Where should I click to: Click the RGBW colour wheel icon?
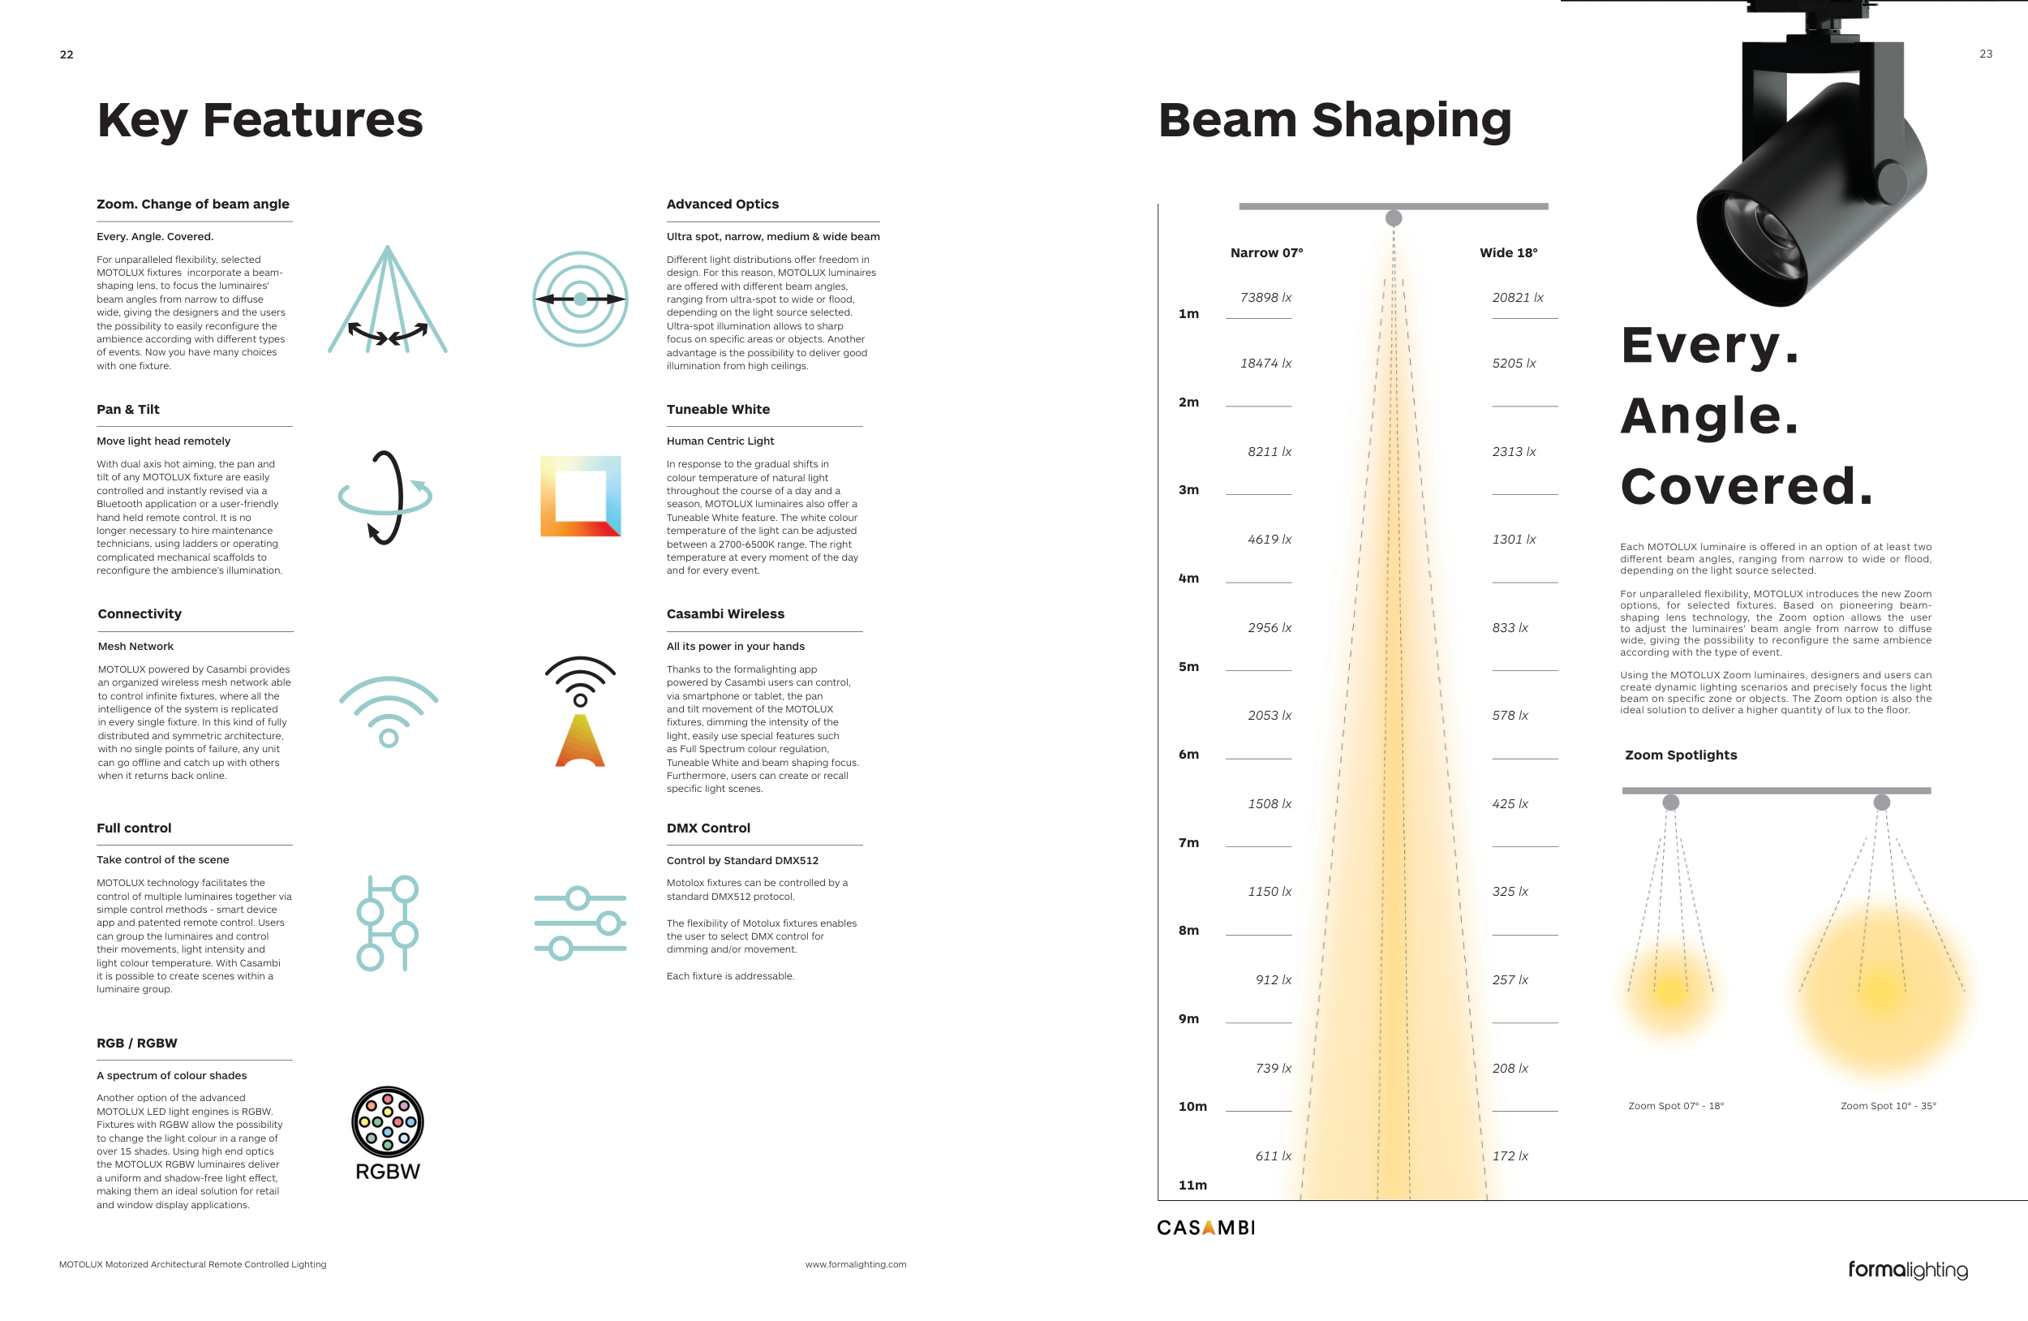coord(388,1121)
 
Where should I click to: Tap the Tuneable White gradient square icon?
coord(580,496)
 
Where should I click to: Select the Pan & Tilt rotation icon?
coord(385,497)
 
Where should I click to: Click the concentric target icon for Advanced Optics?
coord(580,299)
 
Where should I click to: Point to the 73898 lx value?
coord(1265,298)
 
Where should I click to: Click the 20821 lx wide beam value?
coord(1518,298)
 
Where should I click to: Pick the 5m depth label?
coord(1188,666)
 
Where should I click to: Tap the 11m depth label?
coord(1192,1185)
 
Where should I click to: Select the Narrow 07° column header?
coord(1266,253)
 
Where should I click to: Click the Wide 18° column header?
coord(1508,253)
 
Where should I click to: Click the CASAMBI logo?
coord(1205,1227)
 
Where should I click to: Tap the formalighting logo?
coord(1908,1270)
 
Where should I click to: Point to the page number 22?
coord(67,54)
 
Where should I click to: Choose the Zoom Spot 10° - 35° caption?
coord(1888,1106)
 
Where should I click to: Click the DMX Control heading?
coord(708,828)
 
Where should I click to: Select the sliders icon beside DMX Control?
coord(580,923)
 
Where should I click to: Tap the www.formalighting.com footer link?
coord(856,1265)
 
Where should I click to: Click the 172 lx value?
coord(1510,1156)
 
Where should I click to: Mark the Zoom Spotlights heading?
coord(1680,755)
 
